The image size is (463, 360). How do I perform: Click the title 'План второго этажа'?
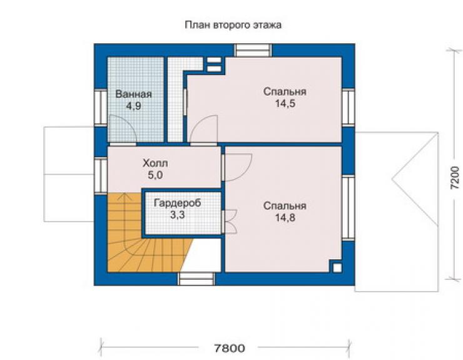pyautogui.click(x=233, y=25)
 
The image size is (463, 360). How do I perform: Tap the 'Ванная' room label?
pyautogui.click(x=133, y=94)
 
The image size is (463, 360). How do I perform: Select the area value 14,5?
pyautogui.click(x=285, y=104)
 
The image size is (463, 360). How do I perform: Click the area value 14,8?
pyautogui.click(x=285, y=218)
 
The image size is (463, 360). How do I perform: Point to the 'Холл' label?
pyautogui.click(x=155, y=163)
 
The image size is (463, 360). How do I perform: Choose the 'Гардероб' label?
pyautogui.click(x=178, y=203)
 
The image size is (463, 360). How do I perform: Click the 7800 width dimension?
pyautogui.click(x=229, y=348)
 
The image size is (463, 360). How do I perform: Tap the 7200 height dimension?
pyautogui.click(x=455, y=178)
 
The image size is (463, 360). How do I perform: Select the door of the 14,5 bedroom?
pyautogui.click(x=204, y=130)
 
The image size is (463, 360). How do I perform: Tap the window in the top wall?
pyautogui.click(x=253, y=50)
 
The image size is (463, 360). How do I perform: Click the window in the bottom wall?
pyautogui.click(x=196, y=279)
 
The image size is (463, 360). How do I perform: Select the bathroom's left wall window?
pyautogui.click(x=101, y=108)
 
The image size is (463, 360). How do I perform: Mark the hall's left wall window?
pyautogui.click(x=101, y=176)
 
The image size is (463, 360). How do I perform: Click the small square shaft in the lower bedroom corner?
pyautogui.click(x=337, y=268)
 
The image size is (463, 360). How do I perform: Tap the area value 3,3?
pyautogui.click(x=178, y=215)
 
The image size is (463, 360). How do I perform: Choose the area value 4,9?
pyautogui.click(x=133, y=106)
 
